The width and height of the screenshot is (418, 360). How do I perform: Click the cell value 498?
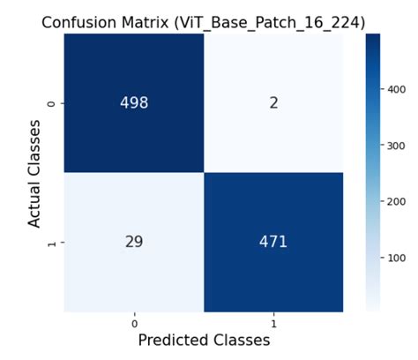(134, 102)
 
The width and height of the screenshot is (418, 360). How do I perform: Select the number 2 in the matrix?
(273, 103)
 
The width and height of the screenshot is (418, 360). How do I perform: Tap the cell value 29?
(134, 242)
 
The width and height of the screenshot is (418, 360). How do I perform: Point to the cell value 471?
(273, 242)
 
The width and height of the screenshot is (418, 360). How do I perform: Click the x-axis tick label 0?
(134, 324)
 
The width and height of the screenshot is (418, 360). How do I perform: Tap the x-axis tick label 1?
(273, 324)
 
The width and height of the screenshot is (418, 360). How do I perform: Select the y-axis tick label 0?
(52, 103)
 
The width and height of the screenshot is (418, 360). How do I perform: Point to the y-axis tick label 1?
(52, 243)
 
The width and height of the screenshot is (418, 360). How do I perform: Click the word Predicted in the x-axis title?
(174, 341)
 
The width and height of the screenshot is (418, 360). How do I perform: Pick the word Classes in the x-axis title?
(242, 341)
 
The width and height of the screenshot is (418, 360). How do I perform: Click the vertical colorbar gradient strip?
(373, 172)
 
